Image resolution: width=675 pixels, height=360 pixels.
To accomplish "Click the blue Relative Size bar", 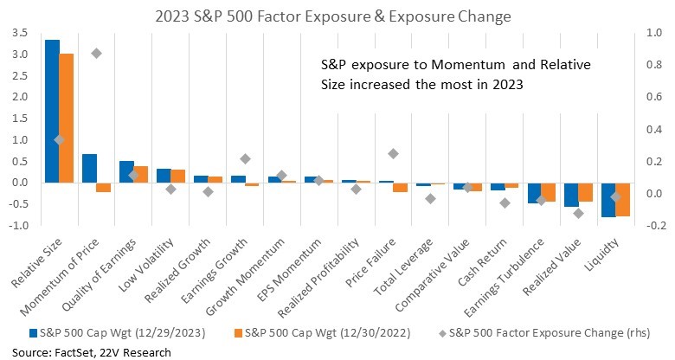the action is coord(52,112).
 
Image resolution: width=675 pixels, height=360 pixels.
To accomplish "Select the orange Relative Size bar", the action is coord(67,119).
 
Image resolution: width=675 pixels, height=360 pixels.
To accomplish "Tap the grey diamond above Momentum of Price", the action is coord(96,54).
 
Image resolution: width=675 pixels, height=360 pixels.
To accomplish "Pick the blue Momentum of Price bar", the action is coord(89,169).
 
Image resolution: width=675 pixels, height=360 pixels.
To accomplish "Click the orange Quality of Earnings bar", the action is coord(141,175).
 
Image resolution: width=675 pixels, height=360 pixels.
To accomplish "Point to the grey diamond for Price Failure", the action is coord(393,154).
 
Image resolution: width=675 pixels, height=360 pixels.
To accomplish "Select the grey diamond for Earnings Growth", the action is coord(246,159).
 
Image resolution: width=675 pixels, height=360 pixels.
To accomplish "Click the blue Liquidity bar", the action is coord(608,200).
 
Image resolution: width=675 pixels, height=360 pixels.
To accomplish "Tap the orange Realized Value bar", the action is coord(586,192).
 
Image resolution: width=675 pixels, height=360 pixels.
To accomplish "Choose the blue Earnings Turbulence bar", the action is coord(534,193).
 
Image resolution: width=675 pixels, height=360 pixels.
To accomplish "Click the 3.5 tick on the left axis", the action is coord(20,33).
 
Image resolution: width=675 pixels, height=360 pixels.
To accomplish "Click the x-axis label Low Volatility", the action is coord(146,264).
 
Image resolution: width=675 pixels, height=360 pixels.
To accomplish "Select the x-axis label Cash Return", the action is coord(483,262).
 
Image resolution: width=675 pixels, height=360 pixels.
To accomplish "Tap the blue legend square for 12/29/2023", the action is coord(33,333).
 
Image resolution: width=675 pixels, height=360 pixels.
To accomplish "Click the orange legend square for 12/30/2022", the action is coord(238,333).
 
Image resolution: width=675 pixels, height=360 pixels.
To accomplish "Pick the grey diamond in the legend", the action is coord(442,333).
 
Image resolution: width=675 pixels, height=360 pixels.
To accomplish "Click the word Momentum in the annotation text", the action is coord(468,65).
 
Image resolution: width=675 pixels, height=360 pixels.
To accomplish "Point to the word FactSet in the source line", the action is coord(75,353).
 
